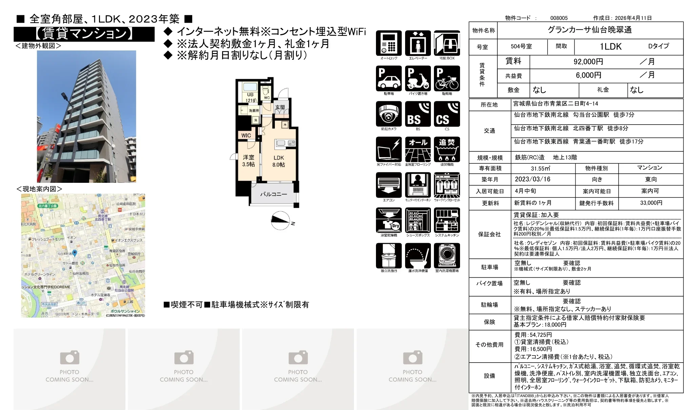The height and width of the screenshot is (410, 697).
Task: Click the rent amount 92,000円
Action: (x=588, y=62)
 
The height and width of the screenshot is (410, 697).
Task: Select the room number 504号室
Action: (x=521, y=46)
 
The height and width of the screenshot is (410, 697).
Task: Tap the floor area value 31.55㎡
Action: (x=540, y=168)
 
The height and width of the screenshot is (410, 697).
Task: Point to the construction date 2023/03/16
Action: (x=533, y=179)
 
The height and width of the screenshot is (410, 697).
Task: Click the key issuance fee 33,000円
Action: (x=651, y=203)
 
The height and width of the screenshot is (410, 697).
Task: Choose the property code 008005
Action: (x=559, y=18)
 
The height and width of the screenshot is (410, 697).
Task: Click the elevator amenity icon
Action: (x=418, y=43)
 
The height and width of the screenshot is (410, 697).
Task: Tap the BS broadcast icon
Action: (x=418, y=114)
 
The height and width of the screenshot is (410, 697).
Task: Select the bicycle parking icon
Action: (x=447, y=79)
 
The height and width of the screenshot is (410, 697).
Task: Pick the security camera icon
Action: (x=389, y=114)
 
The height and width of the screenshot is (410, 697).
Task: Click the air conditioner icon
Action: (x=389, y=185)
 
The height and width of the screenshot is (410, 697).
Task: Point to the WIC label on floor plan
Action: (x=246, y=135)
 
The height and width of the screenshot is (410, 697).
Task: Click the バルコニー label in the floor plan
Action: (x=273, y=194)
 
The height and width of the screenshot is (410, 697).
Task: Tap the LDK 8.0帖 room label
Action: (x=279, y=161)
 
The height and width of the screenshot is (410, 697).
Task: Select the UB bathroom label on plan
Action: (x=250, y=97)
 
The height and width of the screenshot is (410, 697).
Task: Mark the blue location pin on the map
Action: (x=75, y=253)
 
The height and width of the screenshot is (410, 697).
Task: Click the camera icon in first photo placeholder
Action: (x=69, y=358)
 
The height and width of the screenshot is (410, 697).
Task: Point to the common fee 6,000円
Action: (x=588, y=75)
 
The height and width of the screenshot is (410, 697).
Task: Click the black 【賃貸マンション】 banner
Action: (x=84, y=34)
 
